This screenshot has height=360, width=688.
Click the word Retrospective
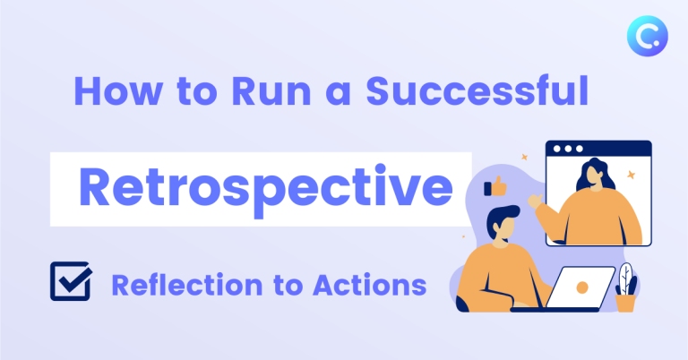pos(265,189)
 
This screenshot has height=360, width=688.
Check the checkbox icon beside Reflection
pos(70,283)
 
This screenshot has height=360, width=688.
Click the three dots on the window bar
pos(566,149)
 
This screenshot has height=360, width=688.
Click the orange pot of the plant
pos(625,302)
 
